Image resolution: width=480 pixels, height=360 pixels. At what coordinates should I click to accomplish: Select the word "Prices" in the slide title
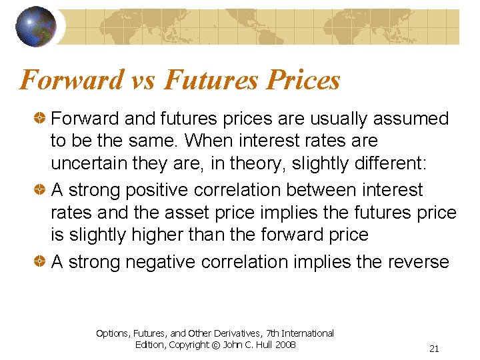(x=303, y=81)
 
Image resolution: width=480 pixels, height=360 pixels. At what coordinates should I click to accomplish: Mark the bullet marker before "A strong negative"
(x=42, y=262)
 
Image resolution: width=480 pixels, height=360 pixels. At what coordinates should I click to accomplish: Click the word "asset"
(x=213, y=213)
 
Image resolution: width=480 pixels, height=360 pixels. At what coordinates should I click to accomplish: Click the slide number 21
(x=434, y=349)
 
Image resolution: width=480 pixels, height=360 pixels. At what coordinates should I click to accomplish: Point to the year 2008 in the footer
(x=285, y=345)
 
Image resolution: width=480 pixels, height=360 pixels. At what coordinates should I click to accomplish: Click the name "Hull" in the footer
(x=261, y=345)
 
